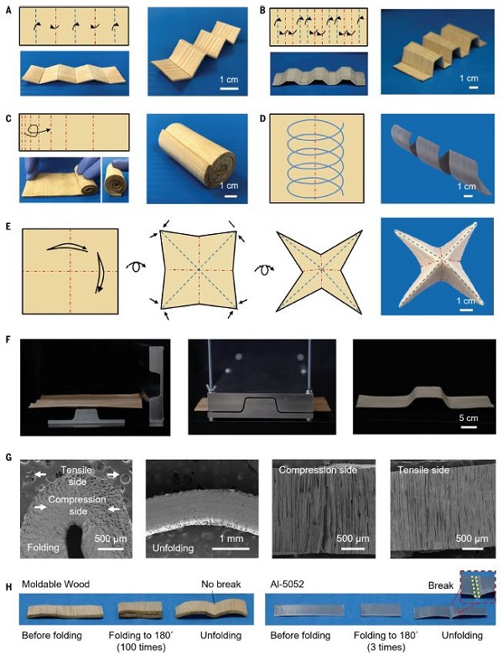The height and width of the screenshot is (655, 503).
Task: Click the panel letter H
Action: (8, 587)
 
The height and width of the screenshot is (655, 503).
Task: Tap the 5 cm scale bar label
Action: (469, 418)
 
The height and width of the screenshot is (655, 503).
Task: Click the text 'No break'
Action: (220, 584)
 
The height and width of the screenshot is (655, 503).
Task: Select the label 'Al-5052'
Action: (287, 584)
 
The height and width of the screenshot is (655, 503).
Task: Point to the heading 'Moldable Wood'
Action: (55, 584)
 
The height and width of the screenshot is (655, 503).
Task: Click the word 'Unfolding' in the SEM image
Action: (173, 548)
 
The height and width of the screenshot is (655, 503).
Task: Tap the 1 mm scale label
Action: (231, 538)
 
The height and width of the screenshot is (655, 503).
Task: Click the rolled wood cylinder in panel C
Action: (197, 159)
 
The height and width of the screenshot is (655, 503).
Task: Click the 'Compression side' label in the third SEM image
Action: (318, 470)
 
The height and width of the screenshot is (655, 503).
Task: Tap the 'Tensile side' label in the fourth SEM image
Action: (423, 470)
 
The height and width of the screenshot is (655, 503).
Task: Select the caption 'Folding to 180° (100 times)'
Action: (141, 642)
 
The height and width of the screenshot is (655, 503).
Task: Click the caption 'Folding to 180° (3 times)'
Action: (386, 642)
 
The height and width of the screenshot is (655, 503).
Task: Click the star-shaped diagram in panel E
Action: (319, 271)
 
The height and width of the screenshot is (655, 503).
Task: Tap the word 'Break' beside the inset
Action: (440, 585)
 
